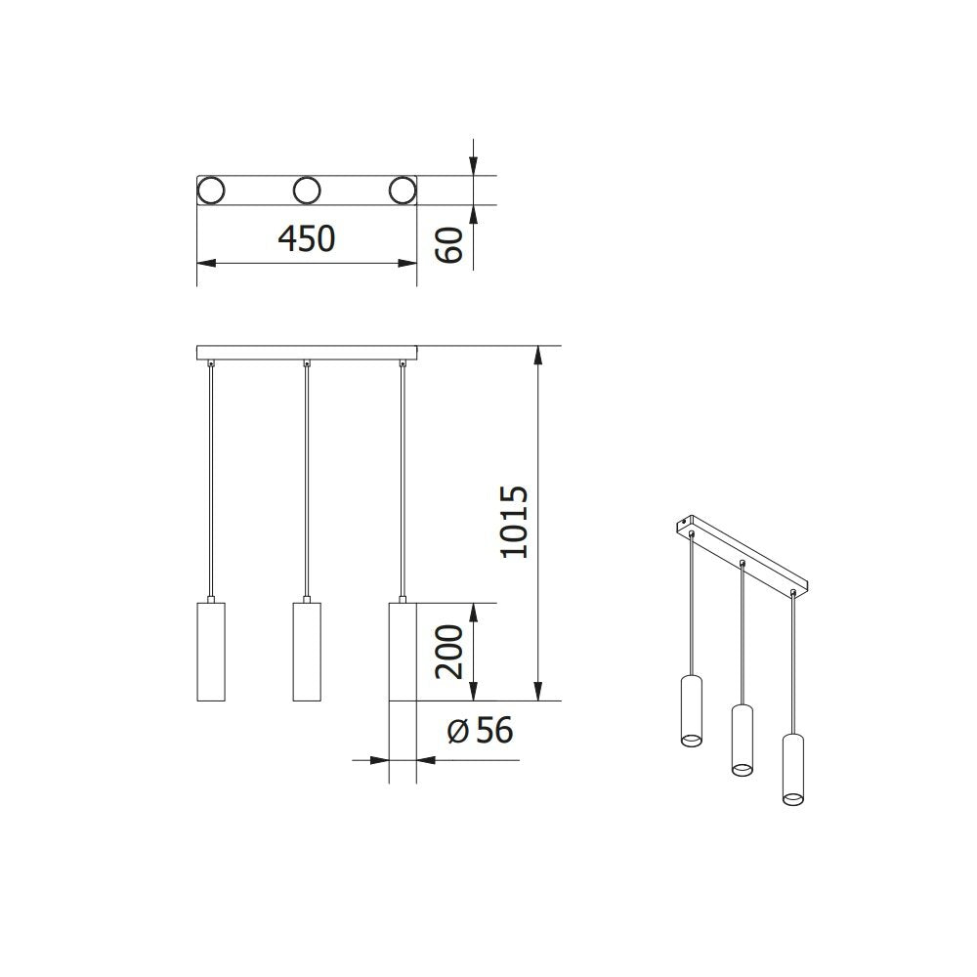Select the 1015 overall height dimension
(x=513, y=522)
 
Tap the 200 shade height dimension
(x=448, y=652)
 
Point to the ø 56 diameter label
(x=480, y=730)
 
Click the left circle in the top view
(x=211, y=191)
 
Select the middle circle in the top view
(x=307, y=191)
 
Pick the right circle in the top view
(x=402, y=191)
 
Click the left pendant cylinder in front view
(x=211, y=652)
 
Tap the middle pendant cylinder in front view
(x=307, y=652)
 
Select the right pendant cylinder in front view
(x=403, y=652)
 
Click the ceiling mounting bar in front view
(x=307, y=353)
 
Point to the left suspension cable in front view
(x=211, y=479)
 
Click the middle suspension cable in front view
(x=307, y=479)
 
